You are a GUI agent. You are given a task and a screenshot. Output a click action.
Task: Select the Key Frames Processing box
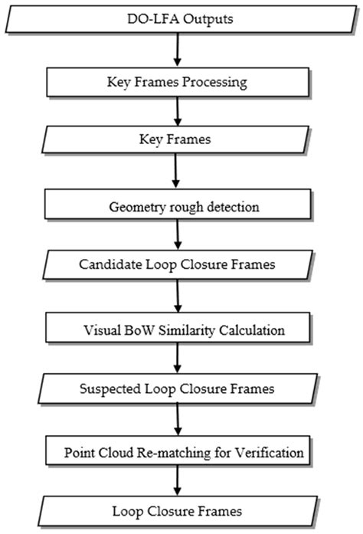pos(181,80)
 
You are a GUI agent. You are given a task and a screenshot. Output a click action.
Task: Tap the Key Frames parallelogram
pos(181,141)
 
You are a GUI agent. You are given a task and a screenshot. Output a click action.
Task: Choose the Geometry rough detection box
pos(181,205)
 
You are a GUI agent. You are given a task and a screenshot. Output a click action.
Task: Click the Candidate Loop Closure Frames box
pos(181,264)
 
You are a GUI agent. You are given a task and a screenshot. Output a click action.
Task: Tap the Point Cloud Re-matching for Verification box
pos(181,452)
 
